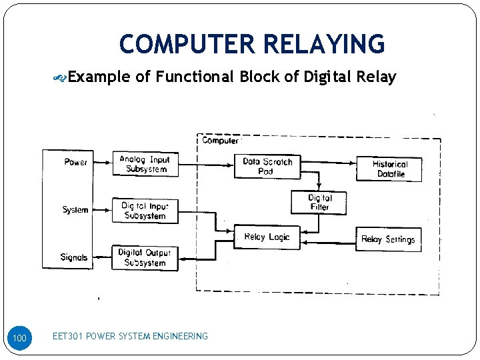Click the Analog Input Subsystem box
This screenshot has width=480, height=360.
click(x=145, y=164)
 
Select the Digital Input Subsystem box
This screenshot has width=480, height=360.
click(x=145, y=211)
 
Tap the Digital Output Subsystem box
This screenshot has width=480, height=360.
click(x=145, y=257)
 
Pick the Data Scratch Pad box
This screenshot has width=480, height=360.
click(x=267, y=166)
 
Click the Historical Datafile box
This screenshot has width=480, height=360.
click(x=389, y=169)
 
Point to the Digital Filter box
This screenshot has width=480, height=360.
click(x=319, y=203)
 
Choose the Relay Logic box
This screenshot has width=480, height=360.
click(x=267, y=237)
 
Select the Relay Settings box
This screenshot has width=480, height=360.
click(x=388, y=239)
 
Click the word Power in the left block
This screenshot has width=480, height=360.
click(x=75, y=162)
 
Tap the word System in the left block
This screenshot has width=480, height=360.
click(x=75, y=209)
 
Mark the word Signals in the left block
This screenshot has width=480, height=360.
click(x=74, y=257)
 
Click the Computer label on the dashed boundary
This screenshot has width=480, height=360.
click(x=220, y=141)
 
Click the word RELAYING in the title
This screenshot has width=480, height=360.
click(x=325, y=44)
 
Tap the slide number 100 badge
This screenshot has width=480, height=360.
click(x=20, y=339)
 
